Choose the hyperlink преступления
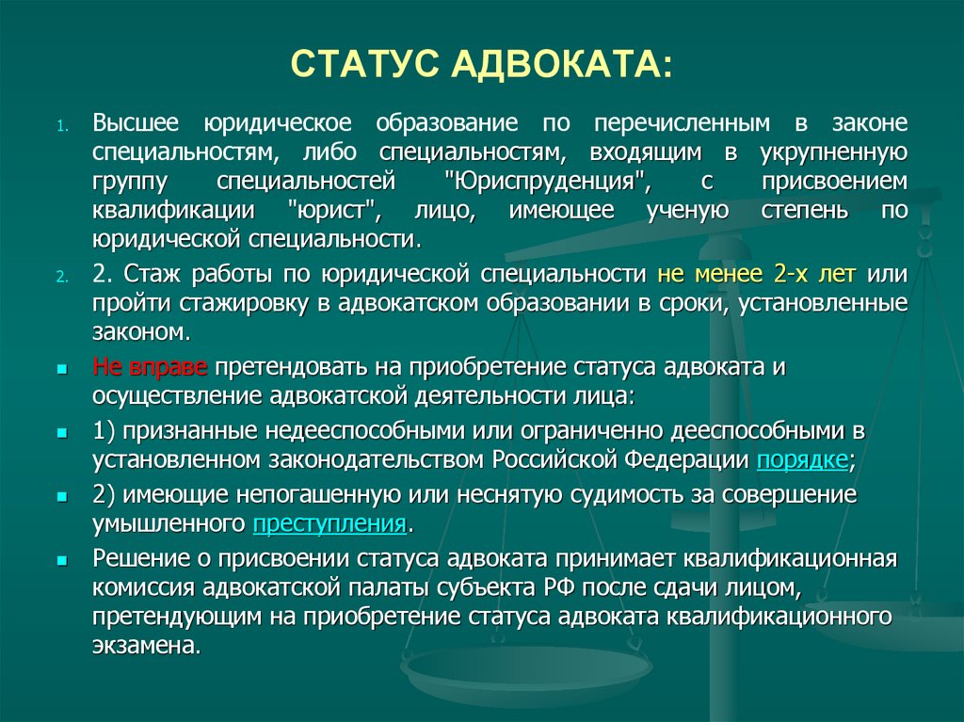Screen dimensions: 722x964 tap(329, 523)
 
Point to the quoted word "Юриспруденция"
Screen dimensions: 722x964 tap(525, 180)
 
